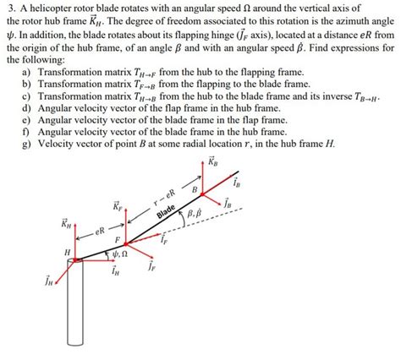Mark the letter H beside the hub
(x=67, y=252)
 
